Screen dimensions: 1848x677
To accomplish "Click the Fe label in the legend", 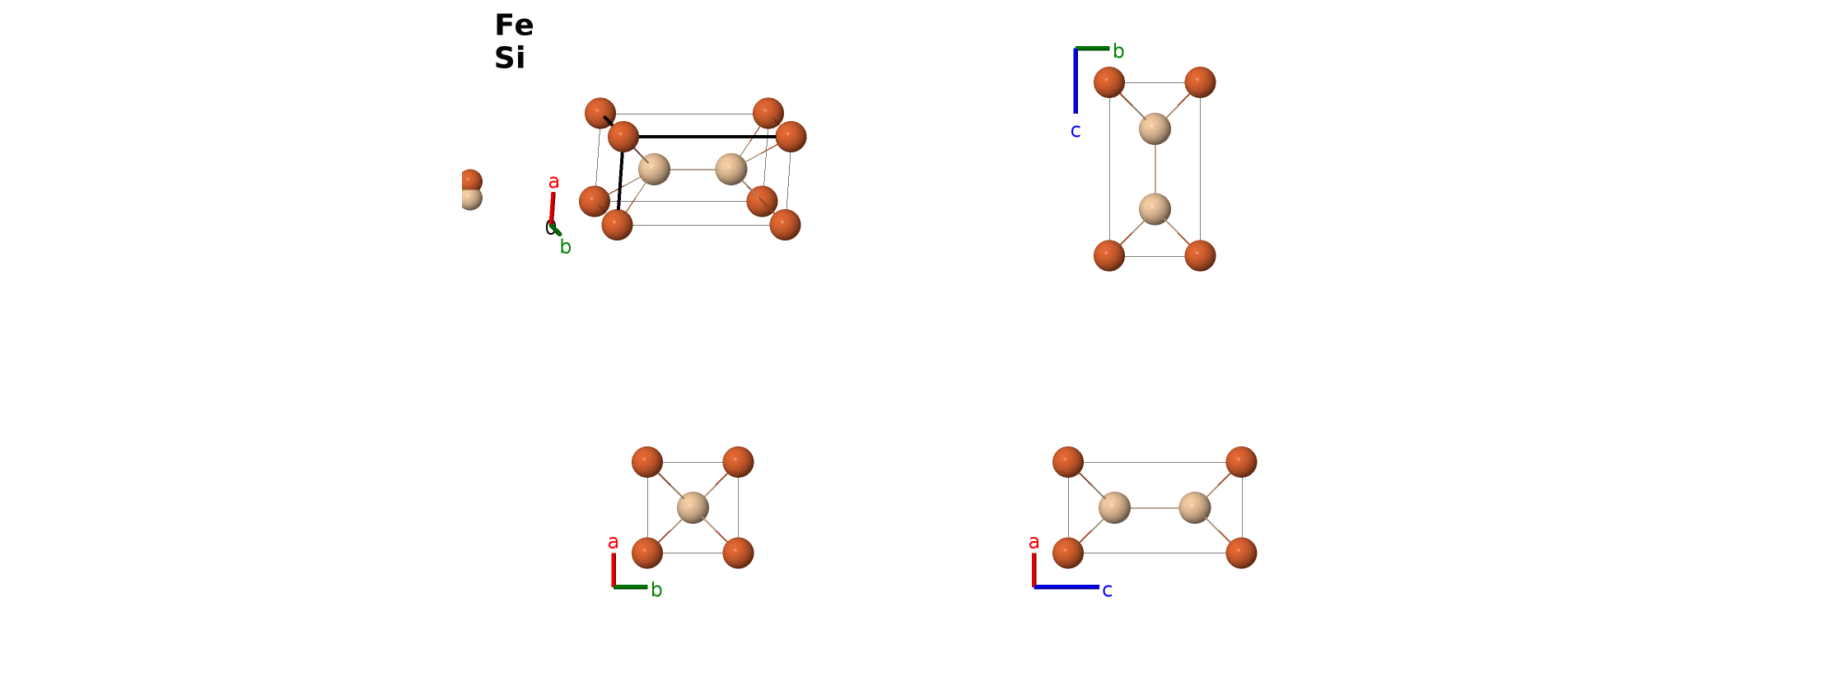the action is tap(514, 26).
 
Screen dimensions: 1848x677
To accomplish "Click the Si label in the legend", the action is tap(510, 58).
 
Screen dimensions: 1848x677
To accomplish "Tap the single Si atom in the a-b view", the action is tap(693, 507).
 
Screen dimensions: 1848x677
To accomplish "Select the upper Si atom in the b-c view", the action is tap(1155, 128).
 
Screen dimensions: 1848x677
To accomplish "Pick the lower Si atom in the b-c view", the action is tap(1155, 209).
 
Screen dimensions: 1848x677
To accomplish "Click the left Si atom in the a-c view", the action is tap(1114, 507).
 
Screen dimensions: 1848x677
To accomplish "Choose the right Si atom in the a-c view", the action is tap(1195, 507).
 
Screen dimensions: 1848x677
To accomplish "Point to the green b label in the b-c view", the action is tap(1118, 51).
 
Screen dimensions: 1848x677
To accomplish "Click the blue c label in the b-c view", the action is tap(1076, 131).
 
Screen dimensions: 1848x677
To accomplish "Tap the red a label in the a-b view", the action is tap(613, 542).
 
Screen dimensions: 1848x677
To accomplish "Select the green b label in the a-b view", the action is tap(656, 590).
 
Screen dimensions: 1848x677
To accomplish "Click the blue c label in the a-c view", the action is tap(1107, 591).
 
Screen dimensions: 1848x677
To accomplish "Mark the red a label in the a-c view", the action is tap(1034, 542).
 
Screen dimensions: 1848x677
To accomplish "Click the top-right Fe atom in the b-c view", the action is tap(1200, 82).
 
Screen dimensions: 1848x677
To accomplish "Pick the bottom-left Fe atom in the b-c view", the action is tap(1109, 255).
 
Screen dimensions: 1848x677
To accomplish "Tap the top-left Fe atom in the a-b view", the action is tap(647, 462).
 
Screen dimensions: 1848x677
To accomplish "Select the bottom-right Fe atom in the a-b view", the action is tap(738, 553).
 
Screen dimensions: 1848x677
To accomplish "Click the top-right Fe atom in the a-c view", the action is tap(1241, 462).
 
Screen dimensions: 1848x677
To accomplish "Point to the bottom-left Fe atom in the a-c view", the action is tap(1068, 553).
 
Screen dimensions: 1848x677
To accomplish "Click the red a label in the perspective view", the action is tap(553, 182).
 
